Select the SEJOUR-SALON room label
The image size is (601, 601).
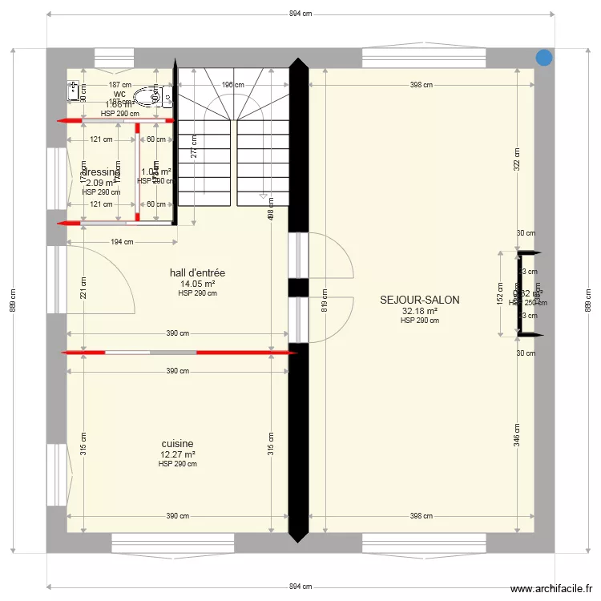coord(420,300)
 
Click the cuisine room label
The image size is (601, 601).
coord(177,444)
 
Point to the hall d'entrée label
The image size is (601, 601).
coord(197,273)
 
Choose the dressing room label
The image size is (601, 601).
coord(100,172)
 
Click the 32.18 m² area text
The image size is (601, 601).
coord(420,311)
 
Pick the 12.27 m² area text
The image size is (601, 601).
coord(177,454)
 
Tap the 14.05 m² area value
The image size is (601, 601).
coord(197,284)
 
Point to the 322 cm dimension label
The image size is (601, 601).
coord(518,159)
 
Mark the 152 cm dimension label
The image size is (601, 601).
coord(500,293)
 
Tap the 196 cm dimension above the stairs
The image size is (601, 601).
coord(232,85)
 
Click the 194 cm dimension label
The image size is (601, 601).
coord(122,242)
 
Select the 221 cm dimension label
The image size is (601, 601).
coord(83,286)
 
